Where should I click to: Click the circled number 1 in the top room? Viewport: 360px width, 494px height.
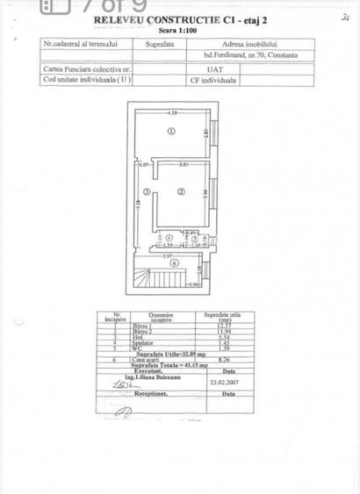pos(171,132)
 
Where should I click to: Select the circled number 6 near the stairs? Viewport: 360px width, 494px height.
pos(174,262)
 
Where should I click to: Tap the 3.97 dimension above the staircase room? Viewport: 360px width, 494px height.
pos(166,255)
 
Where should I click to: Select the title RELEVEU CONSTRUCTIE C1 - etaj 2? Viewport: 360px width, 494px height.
pos(175,18)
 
